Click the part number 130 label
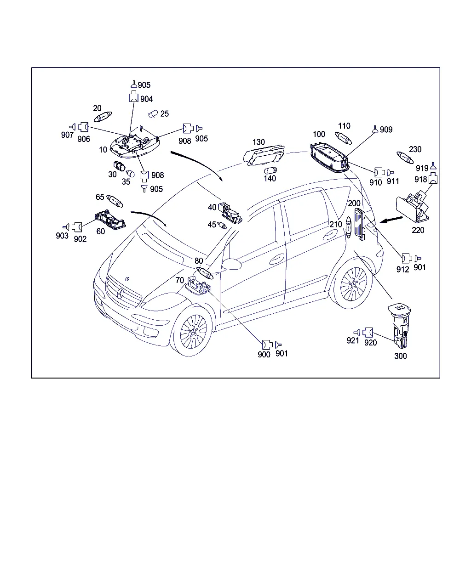(x=258, y=142)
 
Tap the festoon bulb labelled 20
(x=103, y=117)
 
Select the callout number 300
(x=400, y=356)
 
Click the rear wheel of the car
(x=352, y=284)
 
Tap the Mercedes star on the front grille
(x=121, y=294)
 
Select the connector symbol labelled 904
(x=133, y=96)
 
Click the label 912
(x=402, y=269)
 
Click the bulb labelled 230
(x=405, y=158)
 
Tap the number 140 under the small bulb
(x=270, y=178)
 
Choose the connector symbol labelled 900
(x=267, y=345)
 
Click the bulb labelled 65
(x=115, y=201)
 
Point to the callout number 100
(x=319, y=134)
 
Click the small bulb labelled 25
(x=153, y=114)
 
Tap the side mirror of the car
(x=231, y=264)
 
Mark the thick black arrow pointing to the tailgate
(x=391, y=220)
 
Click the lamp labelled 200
(x=360, y=224)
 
